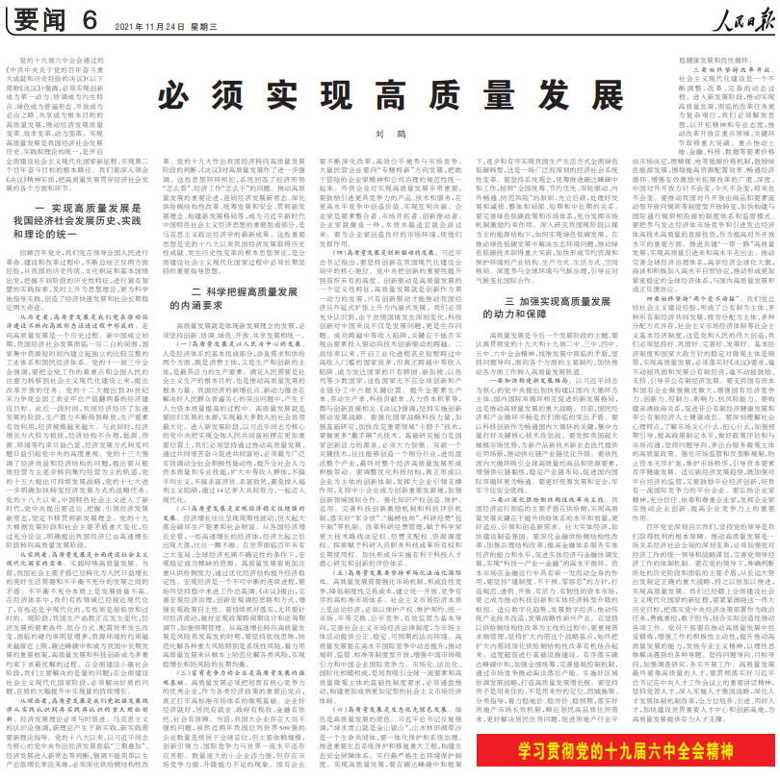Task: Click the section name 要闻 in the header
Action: pyautogui.click(x=39, y=16)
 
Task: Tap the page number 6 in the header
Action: pyautogui.click(x=90, y=16)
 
